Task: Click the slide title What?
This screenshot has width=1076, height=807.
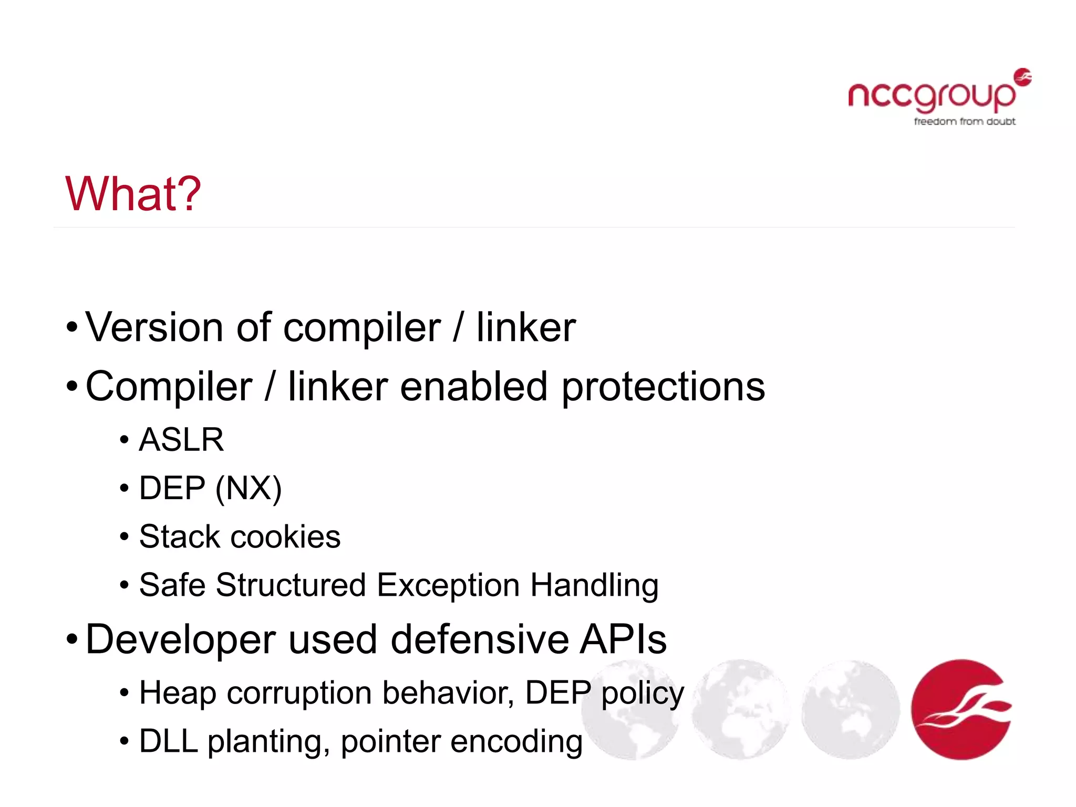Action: (133, 194)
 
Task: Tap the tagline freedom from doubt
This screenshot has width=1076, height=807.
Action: (964, 121)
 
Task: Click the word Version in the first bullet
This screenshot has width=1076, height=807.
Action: (154, 327)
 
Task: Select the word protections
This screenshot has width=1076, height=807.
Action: (663, 387)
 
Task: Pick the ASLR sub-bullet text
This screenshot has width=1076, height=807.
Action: (181, 440)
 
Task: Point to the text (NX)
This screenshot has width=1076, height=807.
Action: (249, 488)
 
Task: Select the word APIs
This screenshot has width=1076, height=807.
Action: (623, 639)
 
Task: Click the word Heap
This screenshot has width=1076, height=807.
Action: (178, 693)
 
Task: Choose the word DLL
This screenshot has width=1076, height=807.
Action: (168, 741)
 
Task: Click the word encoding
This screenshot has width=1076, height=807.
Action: (516, 741)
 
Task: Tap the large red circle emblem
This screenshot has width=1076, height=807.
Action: (961, 709)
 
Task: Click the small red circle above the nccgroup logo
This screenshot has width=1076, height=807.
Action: (1022, 77)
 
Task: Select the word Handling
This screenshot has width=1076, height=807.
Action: (594, 585)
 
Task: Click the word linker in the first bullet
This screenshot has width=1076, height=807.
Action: (526, 327)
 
